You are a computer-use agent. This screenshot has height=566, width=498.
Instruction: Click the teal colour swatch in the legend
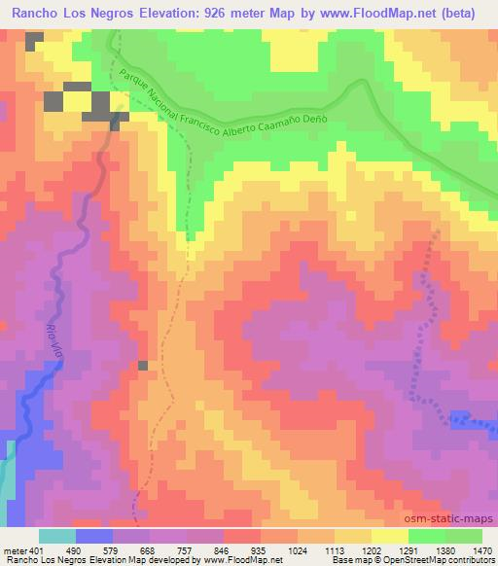pyautogui.click(x=56, y=536)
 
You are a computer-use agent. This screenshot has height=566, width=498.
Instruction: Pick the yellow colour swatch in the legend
pyautogui.click(x=389, y=536)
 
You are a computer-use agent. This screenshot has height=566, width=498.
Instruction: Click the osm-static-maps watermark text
pyautogui.click(x=455, y=521)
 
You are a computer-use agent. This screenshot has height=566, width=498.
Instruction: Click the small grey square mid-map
pyautogui.click(x=143, y=366)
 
